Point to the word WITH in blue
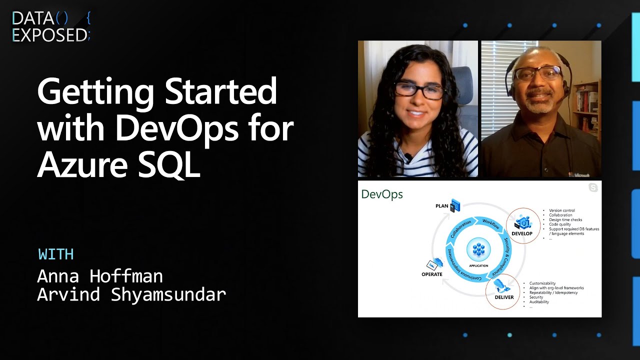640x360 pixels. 56,254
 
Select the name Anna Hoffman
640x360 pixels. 100,276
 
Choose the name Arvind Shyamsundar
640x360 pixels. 131,294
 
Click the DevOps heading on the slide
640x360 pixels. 382,194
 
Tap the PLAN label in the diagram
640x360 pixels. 442,206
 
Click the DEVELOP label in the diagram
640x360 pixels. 521,233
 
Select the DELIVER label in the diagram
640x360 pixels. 504,297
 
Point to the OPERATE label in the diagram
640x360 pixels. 432,274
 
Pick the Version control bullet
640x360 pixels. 561,210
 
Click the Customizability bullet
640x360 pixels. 542,283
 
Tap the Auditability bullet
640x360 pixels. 539,302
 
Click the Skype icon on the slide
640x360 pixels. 593,187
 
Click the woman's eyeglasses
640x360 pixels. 419,90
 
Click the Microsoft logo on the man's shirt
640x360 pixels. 579,174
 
